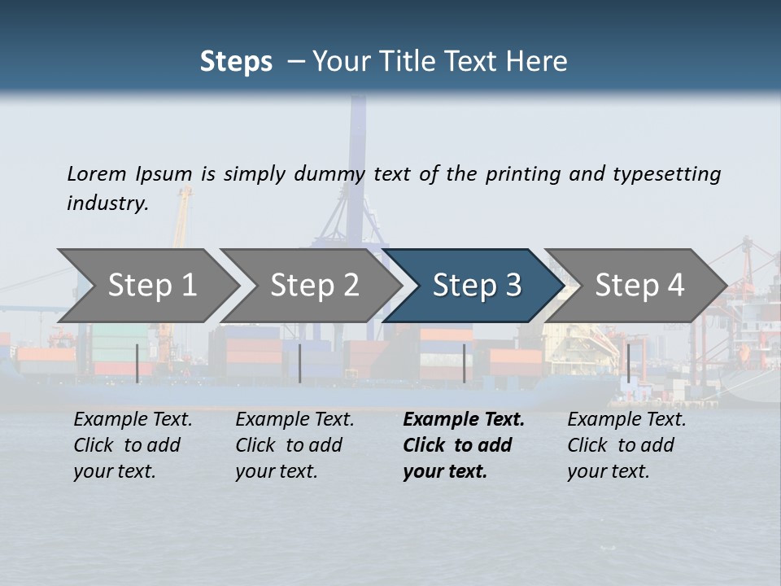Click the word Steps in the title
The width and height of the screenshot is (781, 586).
click(x=236, y=62)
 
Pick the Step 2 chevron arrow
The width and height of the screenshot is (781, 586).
click(x=314, y=285)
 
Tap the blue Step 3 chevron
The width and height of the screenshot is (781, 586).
click(x=477, y=285)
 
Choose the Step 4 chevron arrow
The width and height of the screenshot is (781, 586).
click(x=639, y=285)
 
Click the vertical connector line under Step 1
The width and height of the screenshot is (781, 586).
click(x=137, y=363)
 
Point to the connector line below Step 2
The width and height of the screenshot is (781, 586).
click(x=300, y=363)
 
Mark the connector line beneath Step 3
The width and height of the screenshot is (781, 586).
click(x=464, y=363)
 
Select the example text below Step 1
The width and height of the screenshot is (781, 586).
click(x=133, y=445)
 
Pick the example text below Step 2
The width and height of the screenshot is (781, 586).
click(x=295, y=445)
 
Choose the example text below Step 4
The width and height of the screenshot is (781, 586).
click(x=626, y=445)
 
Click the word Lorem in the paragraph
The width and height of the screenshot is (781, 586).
click(x=96, y=173)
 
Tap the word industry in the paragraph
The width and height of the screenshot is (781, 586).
click(x=107, y=203)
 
